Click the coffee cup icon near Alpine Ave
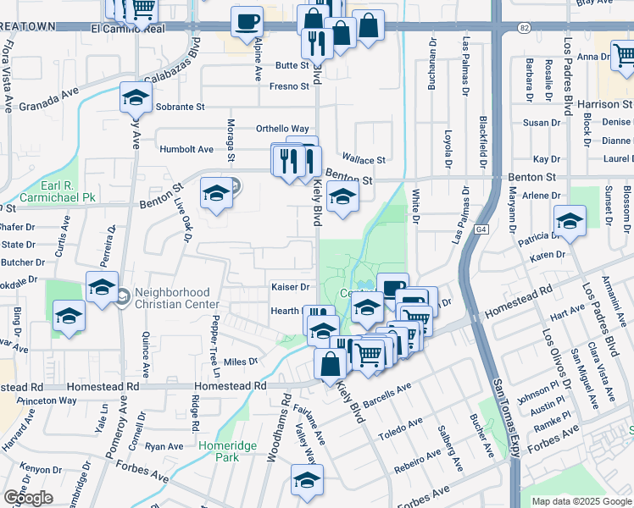[247, 22]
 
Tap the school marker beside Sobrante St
[136, 98]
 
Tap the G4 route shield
[481, 229]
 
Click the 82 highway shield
[525, 28]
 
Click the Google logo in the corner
[28, 498]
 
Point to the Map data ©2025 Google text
[581, 501]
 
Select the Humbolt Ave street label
[187, 149]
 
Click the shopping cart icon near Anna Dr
[625, 56]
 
